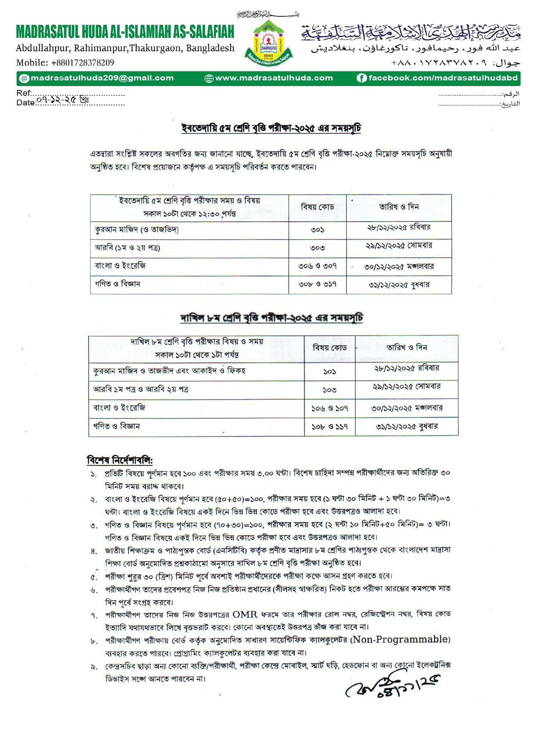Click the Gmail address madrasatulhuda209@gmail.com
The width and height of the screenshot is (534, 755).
point(102,78)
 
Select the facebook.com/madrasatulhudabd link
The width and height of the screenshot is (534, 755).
point(443,78)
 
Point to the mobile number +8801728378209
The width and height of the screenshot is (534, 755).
point(65,63)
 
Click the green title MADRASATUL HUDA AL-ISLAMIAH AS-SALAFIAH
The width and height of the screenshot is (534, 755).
point(125,32)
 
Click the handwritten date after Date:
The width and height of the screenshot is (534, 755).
point(63,100)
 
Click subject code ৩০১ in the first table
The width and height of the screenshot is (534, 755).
point(318,230)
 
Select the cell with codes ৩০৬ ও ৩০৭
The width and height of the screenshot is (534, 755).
point(318,266)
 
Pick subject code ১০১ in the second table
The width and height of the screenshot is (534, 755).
point(330,371)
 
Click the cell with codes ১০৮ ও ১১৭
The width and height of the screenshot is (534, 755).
point(330,427)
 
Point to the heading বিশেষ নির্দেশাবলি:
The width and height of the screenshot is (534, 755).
point(120,460)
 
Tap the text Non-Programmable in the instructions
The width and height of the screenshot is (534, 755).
point(401,640)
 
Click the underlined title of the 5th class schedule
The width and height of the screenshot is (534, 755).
point(271,129)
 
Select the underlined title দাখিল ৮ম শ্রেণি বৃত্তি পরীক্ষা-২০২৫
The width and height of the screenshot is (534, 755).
point(272,318)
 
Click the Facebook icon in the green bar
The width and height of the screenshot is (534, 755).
point(361,78)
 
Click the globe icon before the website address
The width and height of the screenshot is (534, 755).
point(209,78)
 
